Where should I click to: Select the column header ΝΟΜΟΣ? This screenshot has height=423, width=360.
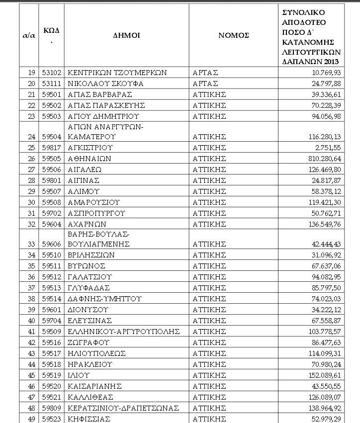coord(233,35)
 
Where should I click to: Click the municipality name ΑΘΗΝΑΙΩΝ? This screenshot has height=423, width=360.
coord(90,159)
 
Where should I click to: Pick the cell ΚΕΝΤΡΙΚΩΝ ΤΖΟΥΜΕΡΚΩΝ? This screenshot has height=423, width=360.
coord(117,73)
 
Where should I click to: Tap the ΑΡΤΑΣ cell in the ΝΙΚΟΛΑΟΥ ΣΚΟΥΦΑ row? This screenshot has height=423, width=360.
coord(205,84)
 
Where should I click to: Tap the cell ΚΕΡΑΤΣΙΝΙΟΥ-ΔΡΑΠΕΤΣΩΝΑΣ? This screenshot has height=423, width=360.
coord(123,408)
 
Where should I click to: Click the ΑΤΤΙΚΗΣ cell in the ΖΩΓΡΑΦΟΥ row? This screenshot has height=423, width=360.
coord(209,342)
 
